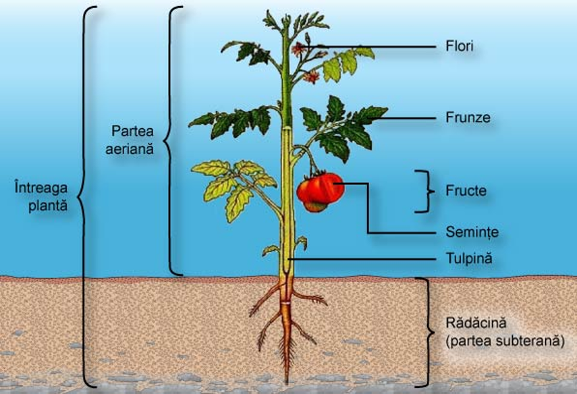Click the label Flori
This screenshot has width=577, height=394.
460,47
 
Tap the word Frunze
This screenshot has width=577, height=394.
468,117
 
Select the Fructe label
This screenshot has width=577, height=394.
466,191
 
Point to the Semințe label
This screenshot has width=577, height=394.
472,233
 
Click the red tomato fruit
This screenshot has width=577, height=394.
321,191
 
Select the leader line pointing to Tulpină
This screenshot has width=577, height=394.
364,258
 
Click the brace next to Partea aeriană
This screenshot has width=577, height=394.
171,140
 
